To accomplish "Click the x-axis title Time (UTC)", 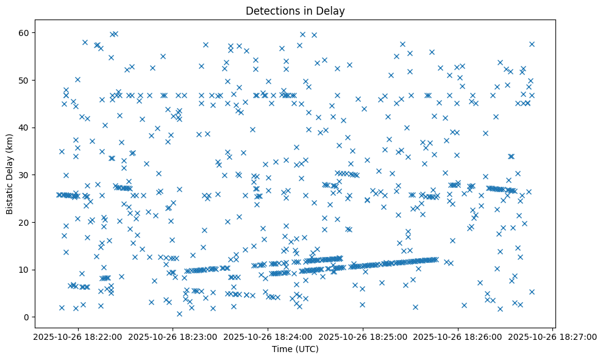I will (295, 349).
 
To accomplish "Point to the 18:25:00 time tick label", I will (362, 336).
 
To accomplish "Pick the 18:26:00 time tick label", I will (458, 336).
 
